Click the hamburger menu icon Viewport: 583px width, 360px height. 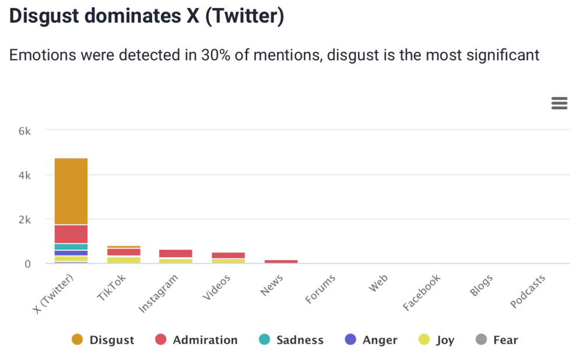pyautogui.click(x=559, y=104)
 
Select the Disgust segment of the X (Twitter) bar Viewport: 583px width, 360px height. pyautogui.click(x=71, y=191)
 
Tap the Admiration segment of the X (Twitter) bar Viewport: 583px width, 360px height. pyautogui.click(x=71, y=234)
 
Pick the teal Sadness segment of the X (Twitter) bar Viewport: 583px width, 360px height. pyautogui.click(x=71, y=247)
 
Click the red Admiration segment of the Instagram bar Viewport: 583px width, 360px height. pyautogui.click(x=175, y=253)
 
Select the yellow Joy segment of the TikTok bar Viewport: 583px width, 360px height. pyautogui.click(x=124, y=260)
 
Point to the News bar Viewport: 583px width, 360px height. pyautogui.click(x=281, y=261)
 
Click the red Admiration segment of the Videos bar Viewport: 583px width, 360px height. pyautogui.click(x=228, y=255)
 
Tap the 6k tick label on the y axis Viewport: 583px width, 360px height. pyautogui.click(x=24, y=131)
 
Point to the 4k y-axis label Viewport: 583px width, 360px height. pyautogui.click(x=24, y=175)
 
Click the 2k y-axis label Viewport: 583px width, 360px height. pyautogui.click(x=24, y=219)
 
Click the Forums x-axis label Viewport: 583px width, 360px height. pyautogui.click(x=321, y=289)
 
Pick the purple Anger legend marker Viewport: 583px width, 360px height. pyautogui.click(x=350, y=340)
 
